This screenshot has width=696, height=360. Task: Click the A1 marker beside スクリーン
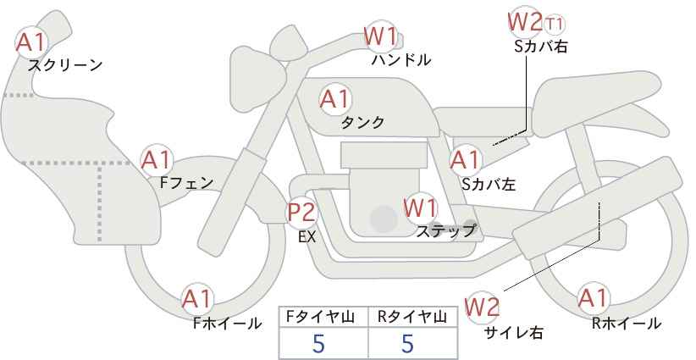pos(30,42)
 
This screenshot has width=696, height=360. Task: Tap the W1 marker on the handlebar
pos(380,36)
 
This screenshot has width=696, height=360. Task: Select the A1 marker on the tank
pos(334,99)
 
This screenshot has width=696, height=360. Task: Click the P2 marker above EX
pos(301,212)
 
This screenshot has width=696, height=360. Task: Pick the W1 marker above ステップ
pos(420,208)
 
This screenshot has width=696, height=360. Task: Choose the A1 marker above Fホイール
pos(197,299)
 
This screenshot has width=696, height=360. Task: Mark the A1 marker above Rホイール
pos(593,298)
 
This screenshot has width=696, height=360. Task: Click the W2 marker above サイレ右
pos(482,307)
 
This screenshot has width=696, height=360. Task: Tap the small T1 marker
pos(555,24)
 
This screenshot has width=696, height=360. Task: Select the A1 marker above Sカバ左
pos(465,160)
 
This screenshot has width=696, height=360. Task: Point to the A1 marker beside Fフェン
pos(156,160)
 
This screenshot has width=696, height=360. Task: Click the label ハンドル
pos(401,59)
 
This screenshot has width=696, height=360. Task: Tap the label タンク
pos(362,123)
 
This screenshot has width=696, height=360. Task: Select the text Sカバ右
pos(541,47)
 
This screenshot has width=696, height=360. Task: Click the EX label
pos(307,237)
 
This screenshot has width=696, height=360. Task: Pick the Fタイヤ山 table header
pos(320,317)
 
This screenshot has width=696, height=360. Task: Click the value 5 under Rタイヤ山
pos(407,343)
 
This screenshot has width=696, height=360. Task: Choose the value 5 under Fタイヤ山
pos(318,343)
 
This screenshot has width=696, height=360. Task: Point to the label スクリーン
pos(65,65)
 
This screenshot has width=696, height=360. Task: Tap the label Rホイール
pos(627,324)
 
